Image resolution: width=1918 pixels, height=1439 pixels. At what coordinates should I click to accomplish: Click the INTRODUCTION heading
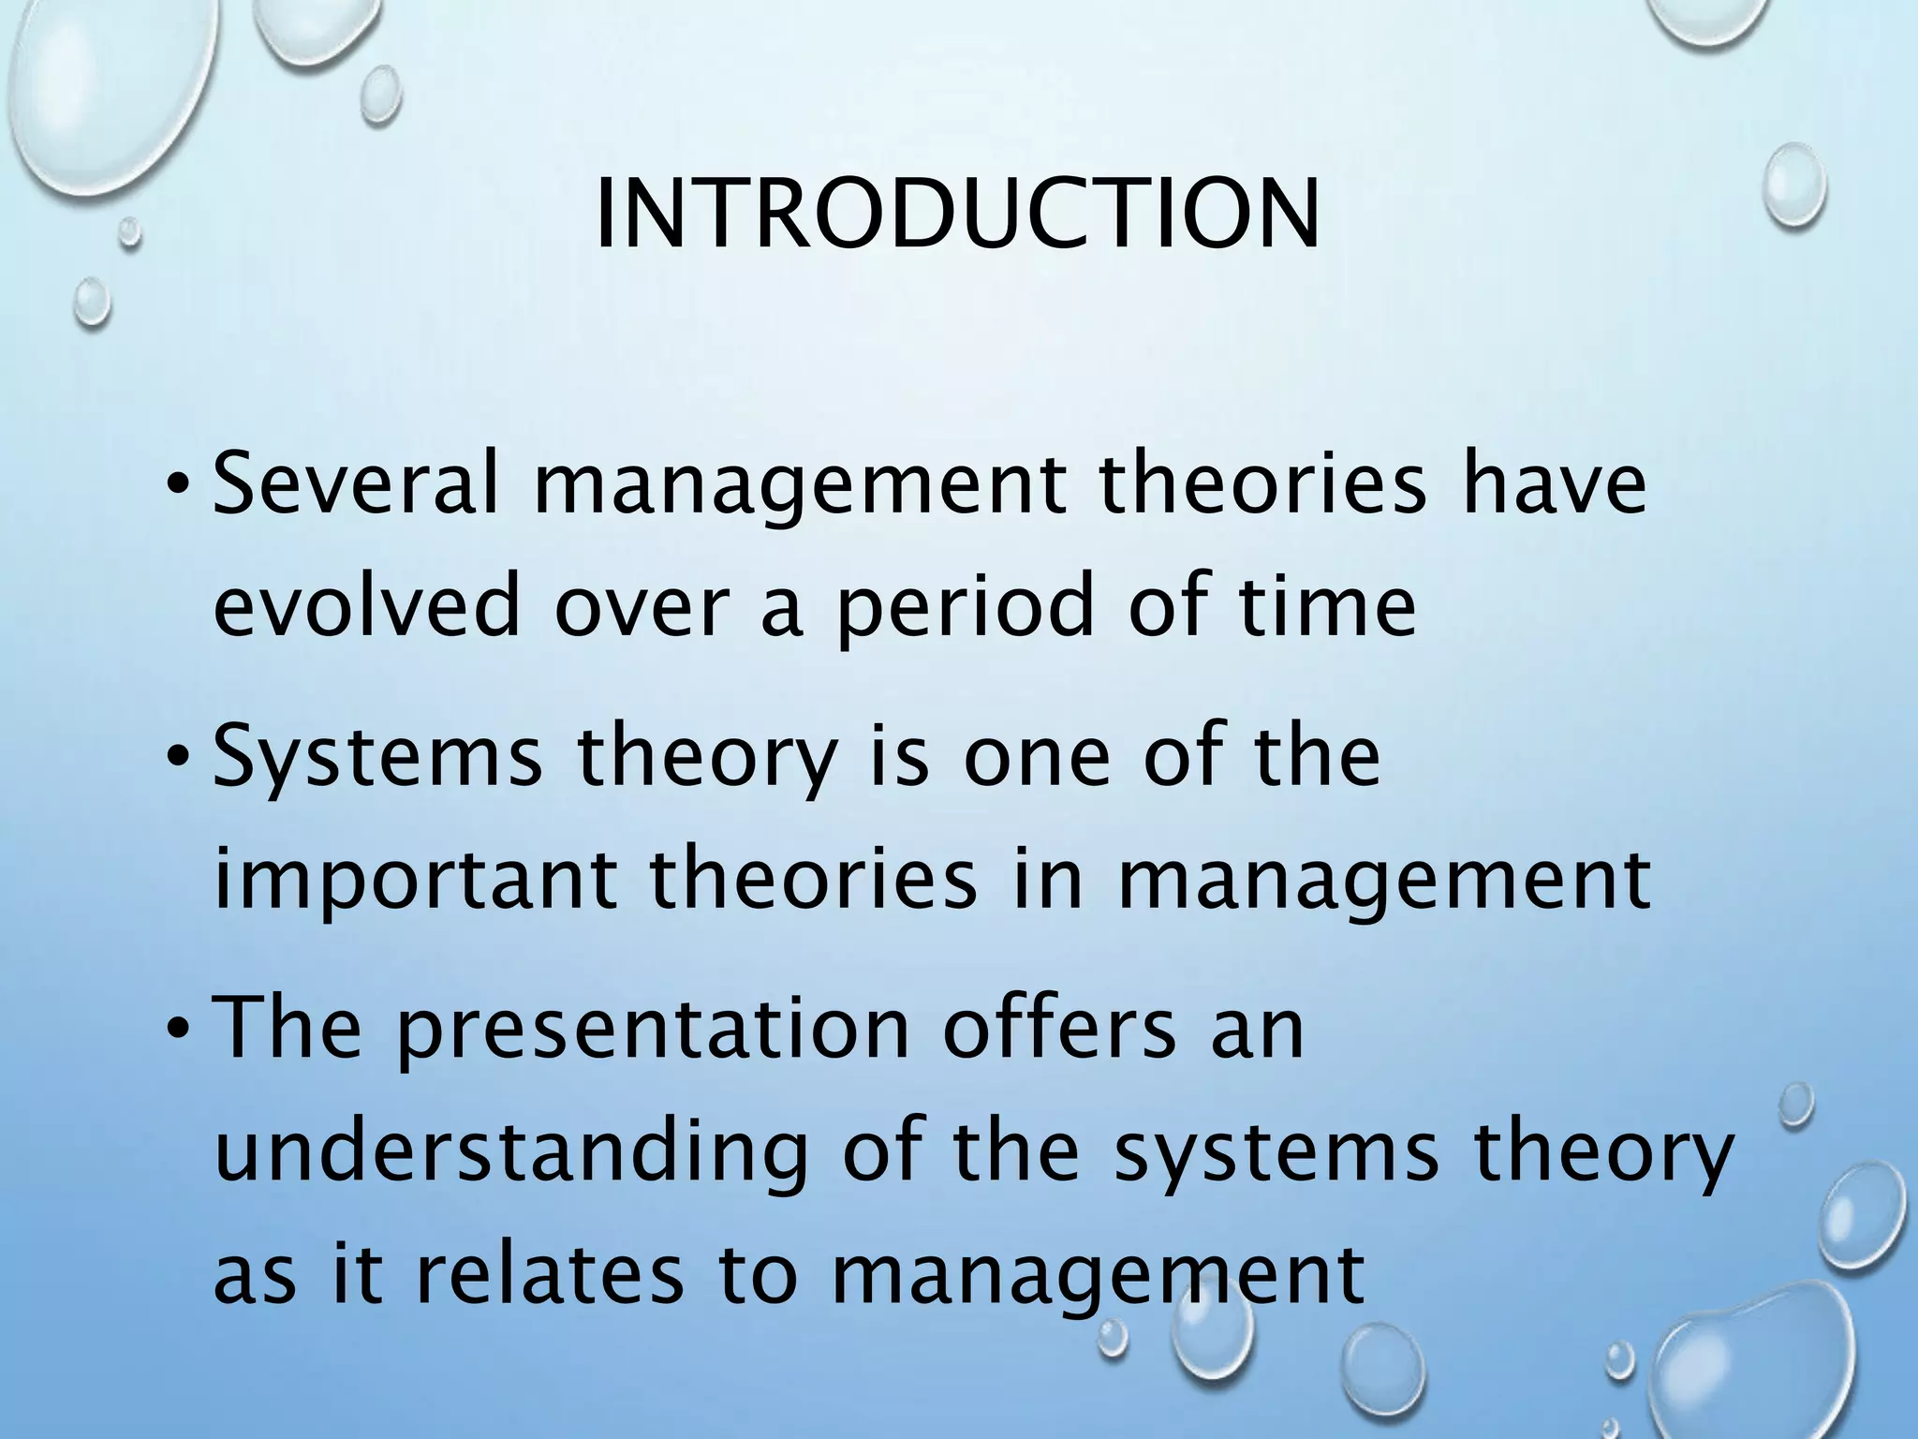957,215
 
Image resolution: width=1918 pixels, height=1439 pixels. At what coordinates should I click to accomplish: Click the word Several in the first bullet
356,485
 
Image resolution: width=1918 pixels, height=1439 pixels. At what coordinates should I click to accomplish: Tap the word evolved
365,605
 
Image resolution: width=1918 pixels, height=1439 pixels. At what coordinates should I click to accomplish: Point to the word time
1327,605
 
